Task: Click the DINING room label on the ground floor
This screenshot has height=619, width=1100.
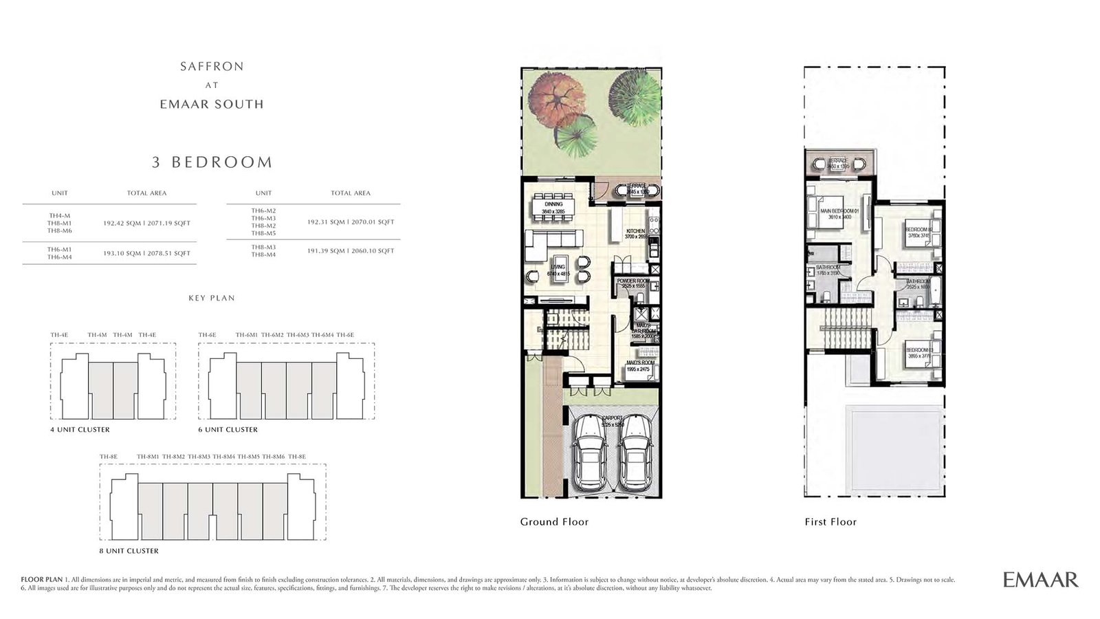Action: click(x=553, y=204)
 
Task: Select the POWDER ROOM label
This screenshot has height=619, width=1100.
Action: click(x=632, y=282)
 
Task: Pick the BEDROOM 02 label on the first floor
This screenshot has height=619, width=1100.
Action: click(x=919, y=230)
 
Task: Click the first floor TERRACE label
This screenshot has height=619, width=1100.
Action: click(x=838, y=160)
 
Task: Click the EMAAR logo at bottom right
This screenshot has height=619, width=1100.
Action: click(x=1040, y=580)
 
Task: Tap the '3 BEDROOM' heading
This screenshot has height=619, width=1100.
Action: click(x=212, y=162)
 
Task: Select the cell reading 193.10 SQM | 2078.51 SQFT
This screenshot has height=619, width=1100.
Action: click(x=146, y=253)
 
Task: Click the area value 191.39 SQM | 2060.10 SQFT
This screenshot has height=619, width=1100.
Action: click(x=351, y=251)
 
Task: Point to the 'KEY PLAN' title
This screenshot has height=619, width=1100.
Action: click(x=212, y=298)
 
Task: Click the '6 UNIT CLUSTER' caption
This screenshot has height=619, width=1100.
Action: click(x=228, y=430)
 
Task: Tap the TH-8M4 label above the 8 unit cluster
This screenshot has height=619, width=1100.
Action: click(x=224, y=457)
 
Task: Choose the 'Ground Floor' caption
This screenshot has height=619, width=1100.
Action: click(x=554, y=522)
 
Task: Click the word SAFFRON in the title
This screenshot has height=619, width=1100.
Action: click(x=212, y=67)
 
